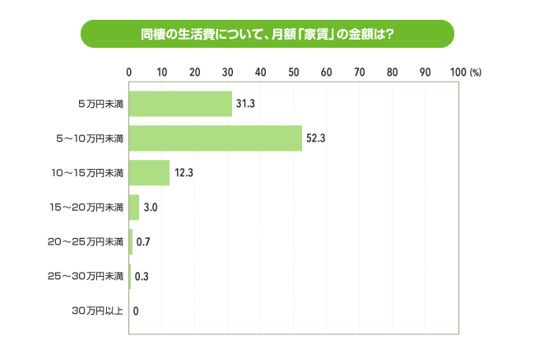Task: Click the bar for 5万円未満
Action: click(x=180, y=104)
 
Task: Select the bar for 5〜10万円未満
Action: click(x=216, y=138)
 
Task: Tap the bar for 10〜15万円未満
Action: click(x=149, y=173)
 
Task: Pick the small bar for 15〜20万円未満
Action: click(x=134, y=207)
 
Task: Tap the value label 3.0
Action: click(x=151, y=208)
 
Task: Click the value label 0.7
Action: click(x=142, y=242)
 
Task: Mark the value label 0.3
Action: click(x=141, y=277)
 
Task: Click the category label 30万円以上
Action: click(x=98, y=311)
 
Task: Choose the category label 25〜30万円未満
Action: click(x=86, y=276)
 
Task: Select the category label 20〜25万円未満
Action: click(x=86, y=241)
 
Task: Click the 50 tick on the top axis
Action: click(x=294, y=72)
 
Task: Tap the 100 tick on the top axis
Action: click(x=458, y=72)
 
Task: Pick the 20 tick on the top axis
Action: click(x=195, y=72)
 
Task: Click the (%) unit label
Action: click(x=476, y=72)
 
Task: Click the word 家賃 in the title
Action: click(x=316, y=35)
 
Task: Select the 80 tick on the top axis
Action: click(x=393, y=72)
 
